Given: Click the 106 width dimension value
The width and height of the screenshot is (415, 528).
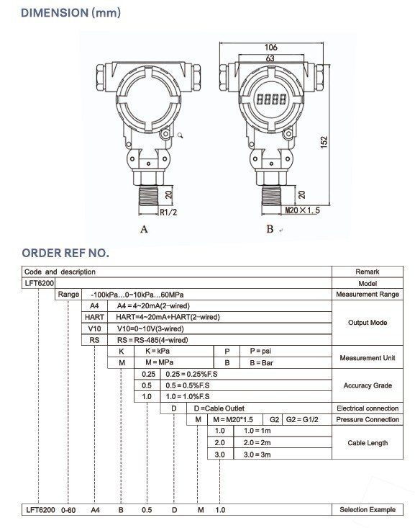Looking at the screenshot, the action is pyautogui.click(x=270, y=47).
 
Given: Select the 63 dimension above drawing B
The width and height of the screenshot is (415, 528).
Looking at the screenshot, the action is pyautogui.click(x=270, y=58).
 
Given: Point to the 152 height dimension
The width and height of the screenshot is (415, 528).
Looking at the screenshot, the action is pyautogui.click(x=324, y=142).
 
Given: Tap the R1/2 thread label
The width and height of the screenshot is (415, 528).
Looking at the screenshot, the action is pyautogui.click(x=168, y=212).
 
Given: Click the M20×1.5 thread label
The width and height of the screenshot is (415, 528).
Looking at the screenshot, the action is pyautogui.click(x=302, y=210).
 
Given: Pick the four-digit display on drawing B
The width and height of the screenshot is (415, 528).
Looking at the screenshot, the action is pyautogui.click(x=271, y=99).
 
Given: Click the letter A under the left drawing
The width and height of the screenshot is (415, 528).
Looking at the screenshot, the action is pyautogui.click(x=144, y=229).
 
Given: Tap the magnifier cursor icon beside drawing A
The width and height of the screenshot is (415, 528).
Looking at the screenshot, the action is pyautogui.click(x=181, y=135).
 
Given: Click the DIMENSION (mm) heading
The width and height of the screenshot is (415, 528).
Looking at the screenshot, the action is pyautogui.click(x=71, y=13).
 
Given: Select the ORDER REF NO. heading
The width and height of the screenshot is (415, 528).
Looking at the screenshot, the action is pyautogui.click(x=65, y=253).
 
